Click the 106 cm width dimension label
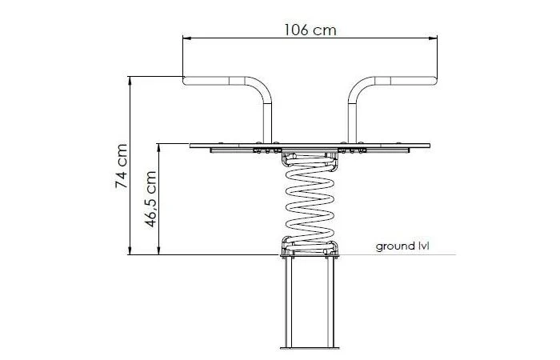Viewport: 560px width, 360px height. coord(310,30)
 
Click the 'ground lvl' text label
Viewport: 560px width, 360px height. coord(402,246)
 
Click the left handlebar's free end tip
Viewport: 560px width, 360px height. coord(186,81)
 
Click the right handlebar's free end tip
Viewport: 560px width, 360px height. coord(434,81)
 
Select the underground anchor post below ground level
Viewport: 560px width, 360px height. coord(310,300)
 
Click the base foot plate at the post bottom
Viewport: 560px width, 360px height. coord(310,347)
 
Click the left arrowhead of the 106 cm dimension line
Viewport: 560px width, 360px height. coord(186,38)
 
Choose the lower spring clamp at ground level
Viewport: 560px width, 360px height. coord(310,248)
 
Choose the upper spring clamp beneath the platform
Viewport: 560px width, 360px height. coord(310,159)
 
